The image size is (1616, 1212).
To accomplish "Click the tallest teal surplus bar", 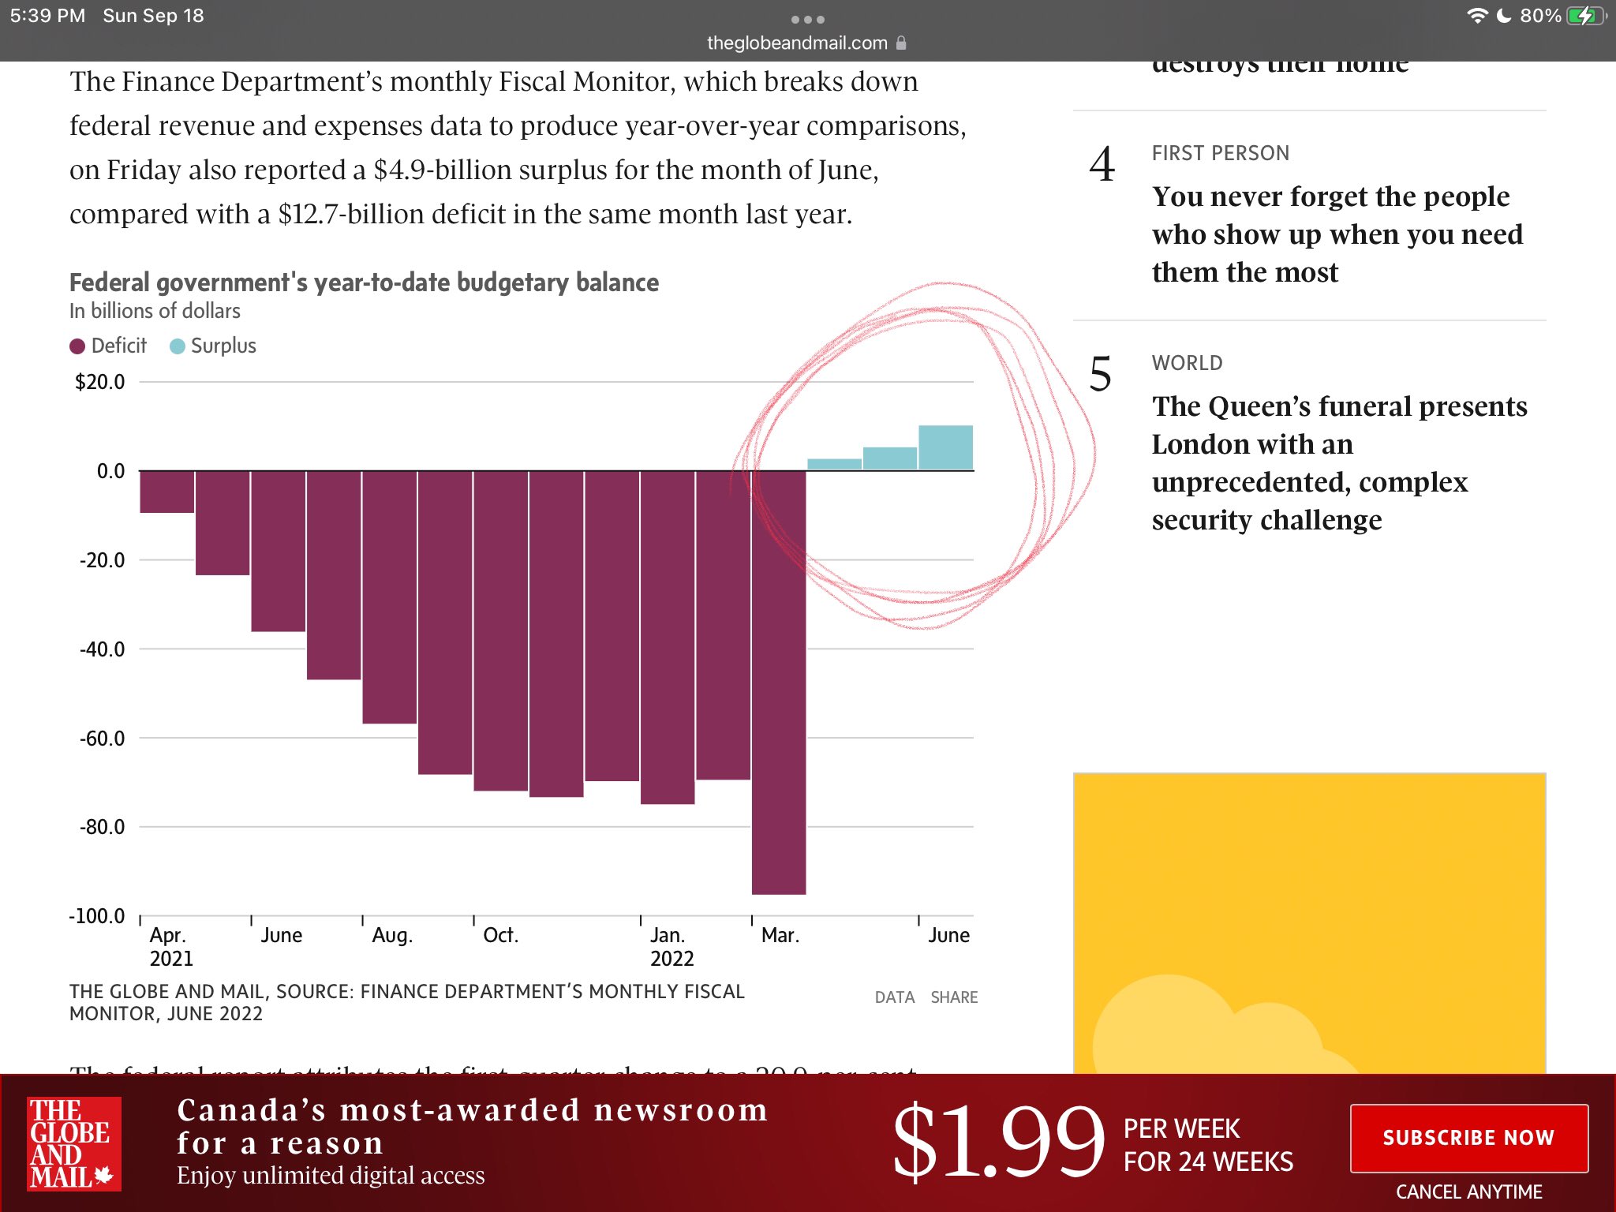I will point(945,447).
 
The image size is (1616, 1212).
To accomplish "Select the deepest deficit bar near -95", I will point(779,683).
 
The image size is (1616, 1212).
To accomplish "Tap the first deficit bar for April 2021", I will point(167,492).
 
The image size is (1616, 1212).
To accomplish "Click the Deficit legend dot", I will point(77,346).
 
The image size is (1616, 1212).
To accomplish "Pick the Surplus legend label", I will point(223,346).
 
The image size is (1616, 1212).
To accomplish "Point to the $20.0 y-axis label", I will point(100,383).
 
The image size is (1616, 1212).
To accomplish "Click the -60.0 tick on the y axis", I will point(103,739).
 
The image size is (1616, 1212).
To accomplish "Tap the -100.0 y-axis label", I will point(97,916).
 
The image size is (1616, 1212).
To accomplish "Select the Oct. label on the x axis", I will point(500,936).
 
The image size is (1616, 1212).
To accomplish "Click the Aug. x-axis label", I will point(392,936).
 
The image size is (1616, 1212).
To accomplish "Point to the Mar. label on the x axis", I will point(780,936).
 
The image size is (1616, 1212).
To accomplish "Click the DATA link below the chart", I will point(895,997).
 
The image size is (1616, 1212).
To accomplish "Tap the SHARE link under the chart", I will point(954,997).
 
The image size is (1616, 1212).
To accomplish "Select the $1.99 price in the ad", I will point(997,1141).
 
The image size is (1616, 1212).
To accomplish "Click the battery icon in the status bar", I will point(1584,16).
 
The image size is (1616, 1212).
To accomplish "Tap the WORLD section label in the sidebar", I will point(1187,363).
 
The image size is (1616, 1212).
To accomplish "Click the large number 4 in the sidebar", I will point(1102,165).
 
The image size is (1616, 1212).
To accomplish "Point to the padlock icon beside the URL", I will point(901,43).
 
